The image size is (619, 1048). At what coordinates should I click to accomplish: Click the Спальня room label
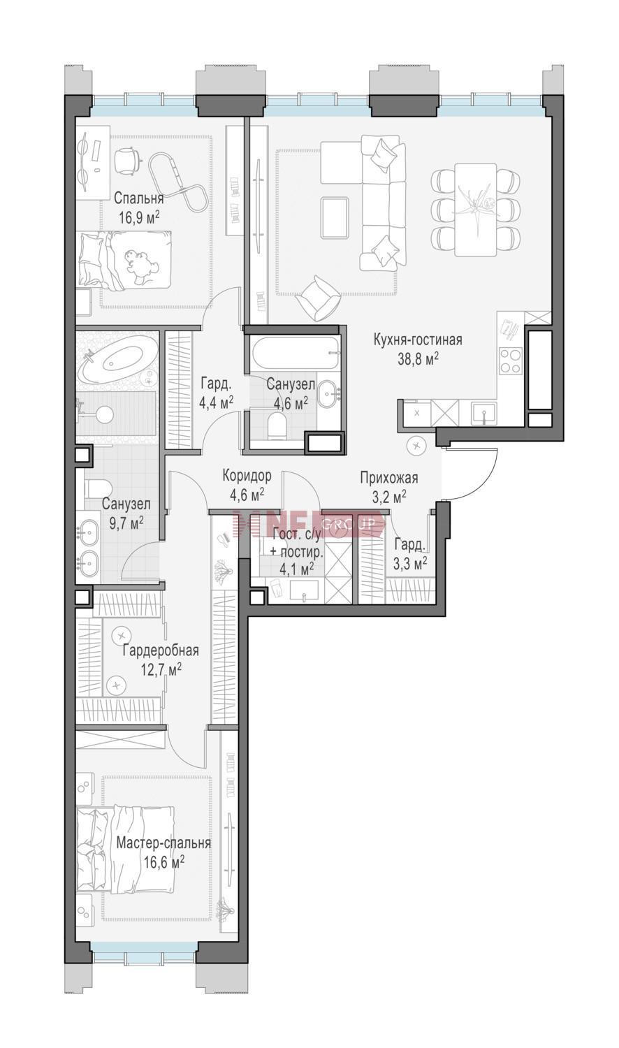coord(139,199)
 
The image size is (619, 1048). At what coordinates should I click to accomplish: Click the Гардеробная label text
coord(161,650)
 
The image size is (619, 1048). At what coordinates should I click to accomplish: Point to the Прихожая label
coord(389,478)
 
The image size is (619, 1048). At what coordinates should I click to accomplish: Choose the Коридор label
coord(247,476)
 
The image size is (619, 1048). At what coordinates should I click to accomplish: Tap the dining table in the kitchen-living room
coord(475,209)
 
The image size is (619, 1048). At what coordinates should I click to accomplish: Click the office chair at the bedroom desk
coord(127,161)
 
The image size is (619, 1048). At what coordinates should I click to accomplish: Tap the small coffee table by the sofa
coord(335,217)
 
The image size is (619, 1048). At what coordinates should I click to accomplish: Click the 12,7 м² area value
coord(161,670)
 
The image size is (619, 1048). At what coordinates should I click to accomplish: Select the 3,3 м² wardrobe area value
coord(410,564)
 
